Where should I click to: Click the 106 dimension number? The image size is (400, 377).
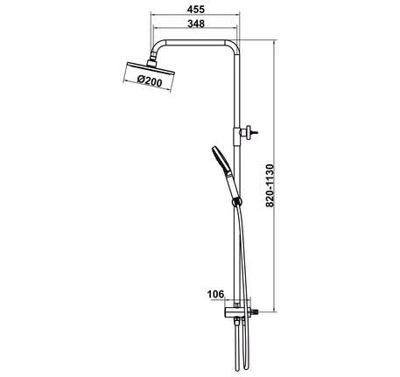pos(215,294)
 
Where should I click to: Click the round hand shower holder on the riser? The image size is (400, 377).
pos(235,204)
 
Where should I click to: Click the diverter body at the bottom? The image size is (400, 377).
pos(235,312)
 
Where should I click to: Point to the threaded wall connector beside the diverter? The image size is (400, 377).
pos(255,311)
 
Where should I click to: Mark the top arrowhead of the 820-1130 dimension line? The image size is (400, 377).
pos(274,44)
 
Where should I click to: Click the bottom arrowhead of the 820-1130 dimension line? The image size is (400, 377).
pos(274,311)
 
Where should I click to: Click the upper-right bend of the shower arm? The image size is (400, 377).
pos(233,45)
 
